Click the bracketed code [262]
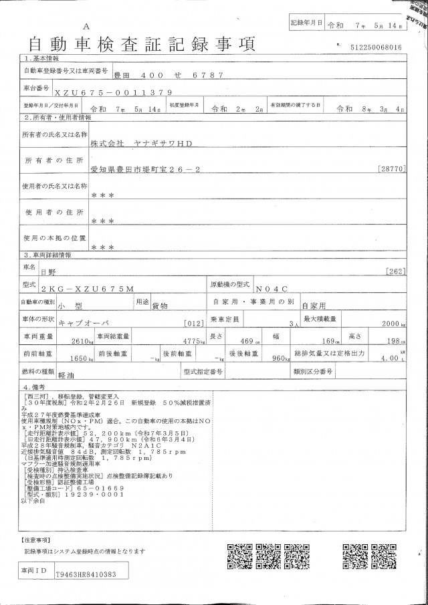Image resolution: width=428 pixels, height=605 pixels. (396, 271)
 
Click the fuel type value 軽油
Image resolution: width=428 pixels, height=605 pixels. (67, 376)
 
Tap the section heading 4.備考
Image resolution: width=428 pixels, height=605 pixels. (35, 387)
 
